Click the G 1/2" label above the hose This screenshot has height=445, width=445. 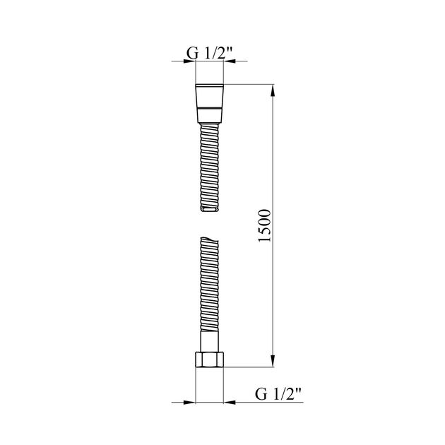[x=209, y=52]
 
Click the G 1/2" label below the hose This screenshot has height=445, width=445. [x=278, y=392]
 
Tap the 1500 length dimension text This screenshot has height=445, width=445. [x=264, y=226]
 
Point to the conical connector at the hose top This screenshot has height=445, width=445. [x=210, y=95]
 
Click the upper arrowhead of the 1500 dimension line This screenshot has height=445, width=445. [x=273, y=90]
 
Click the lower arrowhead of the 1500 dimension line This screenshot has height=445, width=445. [x=273, y=362]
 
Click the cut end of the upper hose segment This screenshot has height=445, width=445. [x=210, y=210]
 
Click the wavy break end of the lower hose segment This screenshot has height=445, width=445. [x=210, y=241]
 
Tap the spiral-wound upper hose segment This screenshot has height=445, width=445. [x=210, y=166]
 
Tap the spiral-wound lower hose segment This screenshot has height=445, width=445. [x=210, y=290]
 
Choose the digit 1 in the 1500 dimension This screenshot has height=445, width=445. [x=264, y=242]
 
